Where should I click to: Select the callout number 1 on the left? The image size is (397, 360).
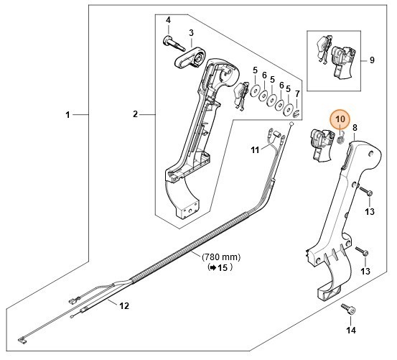tap(68, 114)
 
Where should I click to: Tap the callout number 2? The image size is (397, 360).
tap(135, 114)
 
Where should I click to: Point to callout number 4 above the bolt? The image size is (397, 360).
tap(168, 19)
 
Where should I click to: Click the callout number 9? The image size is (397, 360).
tap(372, 60)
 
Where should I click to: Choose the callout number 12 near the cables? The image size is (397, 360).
tap(123, 305)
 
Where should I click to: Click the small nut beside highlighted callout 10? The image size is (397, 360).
tap(342, 139)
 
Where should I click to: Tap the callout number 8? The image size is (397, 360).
tap(354, 127)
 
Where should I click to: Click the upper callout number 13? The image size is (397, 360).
tap(370, 211)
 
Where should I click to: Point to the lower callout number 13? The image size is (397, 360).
tap(365, 271)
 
